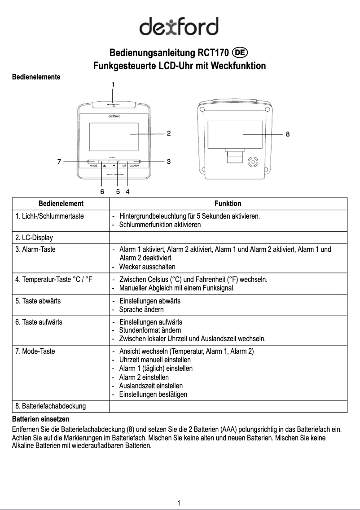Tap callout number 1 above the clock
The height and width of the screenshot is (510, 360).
click(113, 84)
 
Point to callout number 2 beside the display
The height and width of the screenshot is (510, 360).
click(168, 133)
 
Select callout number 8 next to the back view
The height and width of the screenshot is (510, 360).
click(288, 134)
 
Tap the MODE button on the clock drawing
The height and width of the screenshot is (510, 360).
click(94, 166)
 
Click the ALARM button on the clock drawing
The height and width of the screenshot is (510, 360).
click(134, 166)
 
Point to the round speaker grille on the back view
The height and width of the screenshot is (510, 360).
click(253, 162)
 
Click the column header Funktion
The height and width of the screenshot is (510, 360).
click(228, 203)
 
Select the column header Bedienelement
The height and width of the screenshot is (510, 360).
click(61, 203)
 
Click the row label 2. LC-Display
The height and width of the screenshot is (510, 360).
click(34, 237)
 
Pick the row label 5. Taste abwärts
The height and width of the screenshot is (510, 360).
click(38, 301)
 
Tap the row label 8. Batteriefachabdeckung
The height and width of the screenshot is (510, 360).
click(50, 406)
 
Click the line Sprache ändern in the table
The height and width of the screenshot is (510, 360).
click(141, 310)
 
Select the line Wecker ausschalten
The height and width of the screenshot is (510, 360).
click(147, 267)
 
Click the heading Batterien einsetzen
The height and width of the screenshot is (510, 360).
click(40, 419)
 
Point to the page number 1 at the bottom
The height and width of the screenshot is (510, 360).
click(179, 503)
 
